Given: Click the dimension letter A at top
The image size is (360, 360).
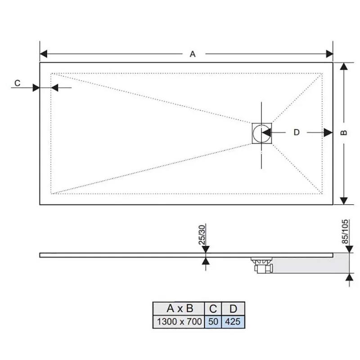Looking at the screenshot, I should click(193, 54).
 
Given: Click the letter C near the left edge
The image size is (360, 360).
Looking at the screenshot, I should click(18, 83).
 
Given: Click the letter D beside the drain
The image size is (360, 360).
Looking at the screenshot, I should click(297, 132).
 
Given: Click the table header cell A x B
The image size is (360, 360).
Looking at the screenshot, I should click(179, 308).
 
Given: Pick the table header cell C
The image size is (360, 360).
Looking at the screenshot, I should click(213, 308).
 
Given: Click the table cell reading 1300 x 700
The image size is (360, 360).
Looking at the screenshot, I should click(179, 322).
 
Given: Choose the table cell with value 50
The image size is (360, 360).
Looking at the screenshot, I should click(213, 322).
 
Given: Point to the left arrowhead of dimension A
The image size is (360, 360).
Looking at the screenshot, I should click(44, 54).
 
